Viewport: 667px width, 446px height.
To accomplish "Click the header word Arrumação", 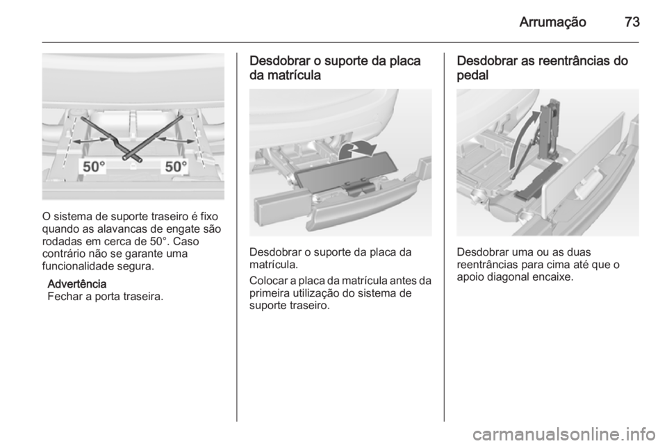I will tap(554, 22).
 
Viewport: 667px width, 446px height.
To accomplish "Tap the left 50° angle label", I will tap(96, 167).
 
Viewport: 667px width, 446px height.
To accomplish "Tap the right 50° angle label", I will tap(175, 167).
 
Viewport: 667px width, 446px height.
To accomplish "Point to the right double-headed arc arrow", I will tap(174, 140).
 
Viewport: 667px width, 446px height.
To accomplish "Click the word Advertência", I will tap(76, 285).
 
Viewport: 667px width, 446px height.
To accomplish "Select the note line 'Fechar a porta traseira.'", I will tap(106, 297).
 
